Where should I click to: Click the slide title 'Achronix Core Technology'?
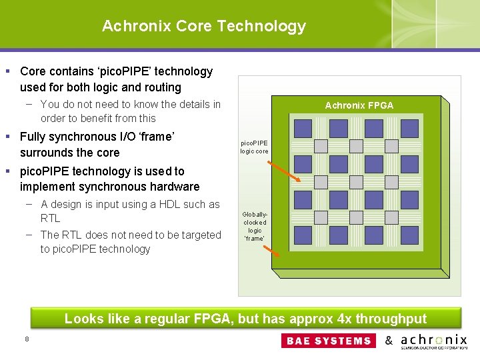203,26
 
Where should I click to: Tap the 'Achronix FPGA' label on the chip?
359,105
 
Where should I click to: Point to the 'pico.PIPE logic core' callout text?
254,147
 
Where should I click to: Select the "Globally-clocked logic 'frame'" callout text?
254,227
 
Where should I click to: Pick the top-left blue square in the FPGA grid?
303,128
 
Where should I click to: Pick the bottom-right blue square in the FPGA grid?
409,236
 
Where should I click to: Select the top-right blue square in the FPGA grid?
409,128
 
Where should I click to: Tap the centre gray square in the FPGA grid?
356,181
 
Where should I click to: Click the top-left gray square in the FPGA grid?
321,146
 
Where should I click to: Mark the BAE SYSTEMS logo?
329,341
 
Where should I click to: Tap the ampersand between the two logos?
389,341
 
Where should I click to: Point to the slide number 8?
27,339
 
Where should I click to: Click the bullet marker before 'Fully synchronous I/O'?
7,137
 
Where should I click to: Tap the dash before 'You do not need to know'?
31,104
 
